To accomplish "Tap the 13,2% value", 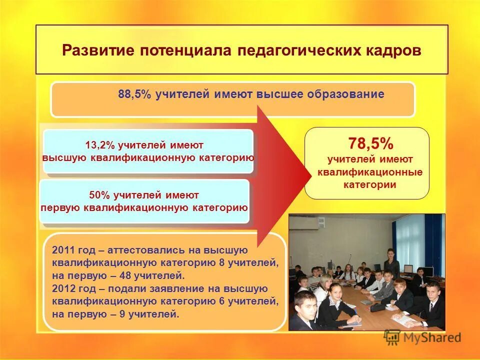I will pyautogui.click(x=100, y=145).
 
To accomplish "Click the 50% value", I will pyautogui.click(x=99, y=195).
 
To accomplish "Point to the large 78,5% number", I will pyautogui.click(x=370, y=144).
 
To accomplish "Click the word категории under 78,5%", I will pyautogui.click(x=369, y=184).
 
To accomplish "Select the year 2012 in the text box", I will pyautogui.click(x=62, y=288).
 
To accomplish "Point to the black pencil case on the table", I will pyautogui.click(x=377, y=307).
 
